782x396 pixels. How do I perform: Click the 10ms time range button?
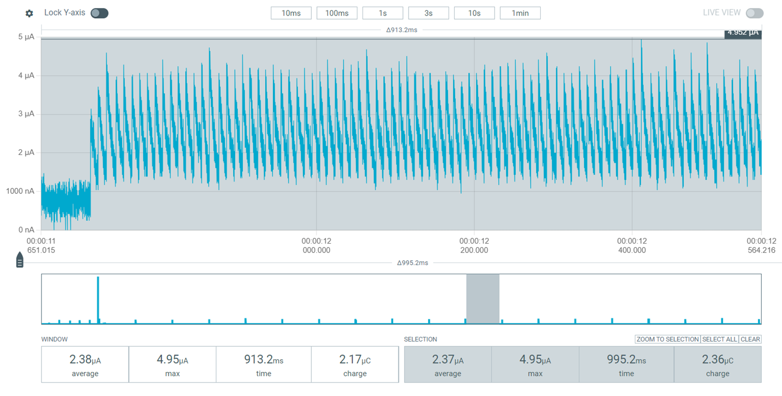(291, 13)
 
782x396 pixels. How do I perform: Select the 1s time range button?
(383, 13)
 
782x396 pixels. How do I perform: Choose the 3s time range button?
(428, 13)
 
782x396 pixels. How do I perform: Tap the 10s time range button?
(474, 13)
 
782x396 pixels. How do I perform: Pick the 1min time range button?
(520, 13)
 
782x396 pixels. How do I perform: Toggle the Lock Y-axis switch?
(99, 13)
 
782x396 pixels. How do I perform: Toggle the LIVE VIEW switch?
(755, 13)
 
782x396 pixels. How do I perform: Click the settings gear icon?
(30, 13)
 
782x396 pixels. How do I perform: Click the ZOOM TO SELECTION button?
(668, 339)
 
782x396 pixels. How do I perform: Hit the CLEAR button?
(750, 339)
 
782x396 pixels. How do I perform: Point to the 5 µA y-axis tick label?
(26, 37)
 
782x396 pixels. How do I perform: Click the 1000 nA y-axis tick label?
(20, 191)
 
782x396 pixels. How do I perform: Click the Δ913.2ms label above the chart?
(401, 30)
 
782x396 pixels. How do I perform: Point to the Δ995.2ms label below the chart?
(412, 263)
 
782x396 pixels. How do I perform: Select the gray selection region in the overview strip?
(483, 299)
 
